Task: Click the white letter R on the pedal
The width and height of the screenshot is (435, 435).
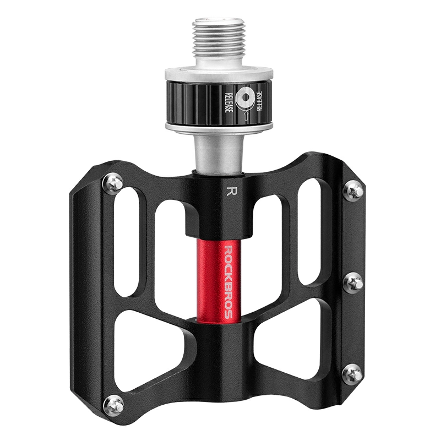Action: (230, 191)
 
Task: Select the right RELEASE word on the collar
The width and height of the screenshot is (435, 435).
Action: (259, 101)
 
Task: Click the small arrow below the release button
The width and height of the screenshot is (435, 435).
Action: (245, 115)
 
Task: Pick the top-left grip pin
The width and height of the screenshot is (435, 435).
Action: (113, 183)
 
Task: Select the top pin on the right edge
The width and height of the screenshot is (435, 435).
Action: (353, 191)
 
